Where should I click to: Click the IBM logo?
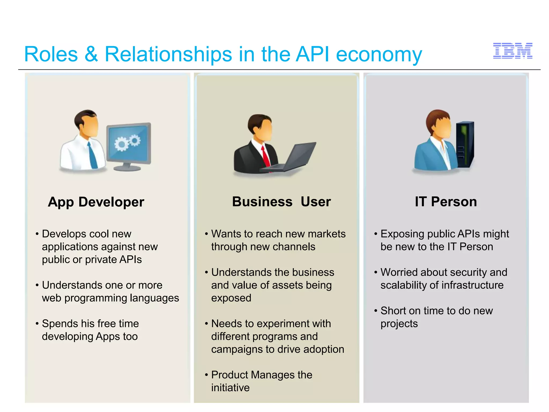513,51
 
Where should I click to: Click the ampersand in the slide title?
91,54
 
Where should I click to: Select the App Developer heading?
96,202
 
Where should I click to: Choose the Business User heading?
281,202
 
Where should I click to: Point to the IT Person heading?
446,202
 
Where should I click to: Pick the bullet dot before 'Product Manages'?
206,375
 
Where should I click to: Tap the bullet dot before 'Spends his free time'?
37,324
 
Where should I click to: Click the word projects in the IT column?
399,324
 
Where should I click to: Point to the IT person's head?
440,123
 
